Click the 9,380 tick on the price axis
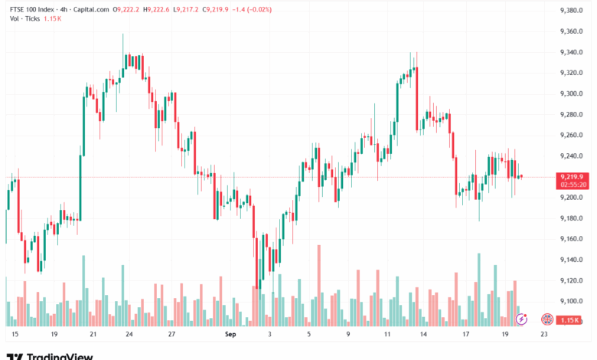pos(572,11)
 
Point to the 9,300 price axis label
pos(572,93)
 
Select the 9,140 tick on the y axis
pos(572,260)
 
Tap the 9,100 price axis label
pos(572,301)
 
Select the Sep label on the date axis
pos(230,335)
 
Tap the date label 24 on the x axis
pos(129,335)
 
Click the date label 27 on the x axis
pos(172,335)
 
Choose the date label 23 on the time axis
pos(543,335)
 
